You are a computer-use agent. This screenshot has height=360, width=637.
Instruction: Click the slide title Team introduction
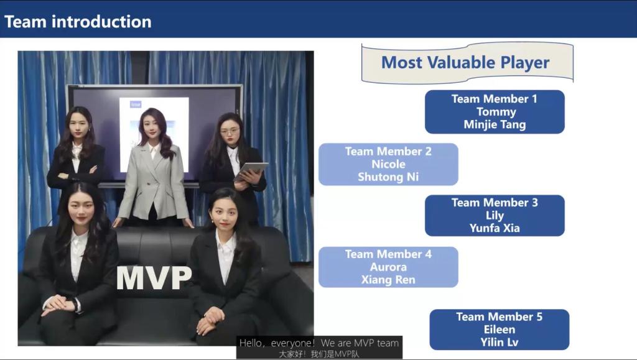click(x=78, y=22)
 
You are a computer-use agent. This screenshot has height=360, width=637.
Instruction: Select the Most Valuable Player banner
click(x=467, y=63)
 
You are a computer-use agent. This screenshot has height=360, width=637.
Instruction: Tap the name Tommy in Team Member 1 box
click(x=496, y=112)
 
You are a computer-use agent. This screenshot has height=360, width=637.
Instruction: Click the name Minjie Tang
click(x=495, y=124)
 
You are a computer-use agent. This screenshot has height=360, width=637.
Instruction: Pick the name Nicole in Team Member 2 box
click(x=388, y=164)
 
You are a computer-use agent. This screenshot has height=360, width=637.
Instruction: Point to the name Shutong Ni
click(x=388, y=177)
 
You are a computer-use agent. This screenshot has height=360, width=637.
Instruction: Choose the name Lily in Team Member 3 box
click(x=495, y=216)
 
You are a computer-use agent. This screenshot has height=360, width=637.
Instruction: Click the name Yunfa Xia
click(x=495, y=228)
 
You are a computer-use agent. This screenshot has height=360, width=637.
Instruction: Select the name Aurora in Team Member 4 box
click(x=388, y=267)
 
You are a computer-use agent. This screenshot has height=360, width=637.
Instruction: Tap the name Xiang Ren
click(x=388, y=280)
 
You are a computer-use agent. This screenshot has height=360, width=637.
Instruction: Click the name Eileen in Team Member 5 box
click(x=500, y=330)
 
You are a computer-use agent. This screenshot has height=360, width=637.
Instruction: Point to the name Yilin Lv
click(x=500, y=342)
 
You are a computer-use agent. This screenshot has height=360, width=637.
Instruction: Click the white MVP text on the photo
click(x=154, y=278)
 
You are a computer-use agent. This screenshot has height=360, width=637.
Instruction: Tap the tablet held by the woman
click(x=251, y=171)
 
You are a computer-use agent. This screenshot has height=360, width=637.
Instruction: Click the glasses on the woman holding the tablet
click(x=230, y=131)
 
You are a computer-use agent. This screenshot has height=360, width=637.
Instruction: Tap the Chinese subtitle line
click(x=319, y=354)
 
